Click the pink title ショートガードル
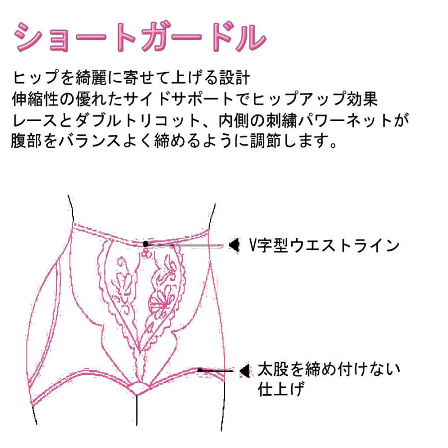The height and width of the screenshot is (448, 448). pyautogui.click(x=139, y=39)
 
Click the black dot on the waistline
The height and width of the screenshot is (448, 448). pyautogui.click(x=145, y=243)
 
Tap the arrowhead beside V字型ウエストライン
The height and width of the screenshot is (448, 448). pyautogui.click(x=232, y=245)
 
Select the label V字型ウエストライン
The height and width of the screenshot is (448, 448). pyautogui.click(x=325, y=245)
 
